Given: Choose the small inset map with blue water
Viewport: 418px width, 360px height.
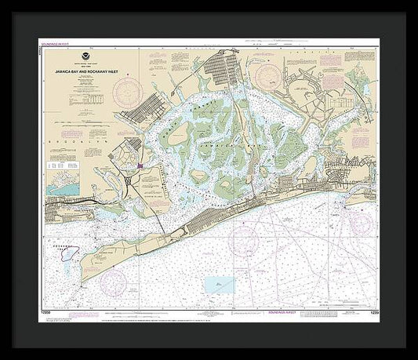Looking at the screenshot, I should (62, 184).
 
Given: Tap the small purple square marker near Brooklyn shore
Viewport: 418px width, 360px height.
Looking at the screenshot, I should (139, 165).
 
